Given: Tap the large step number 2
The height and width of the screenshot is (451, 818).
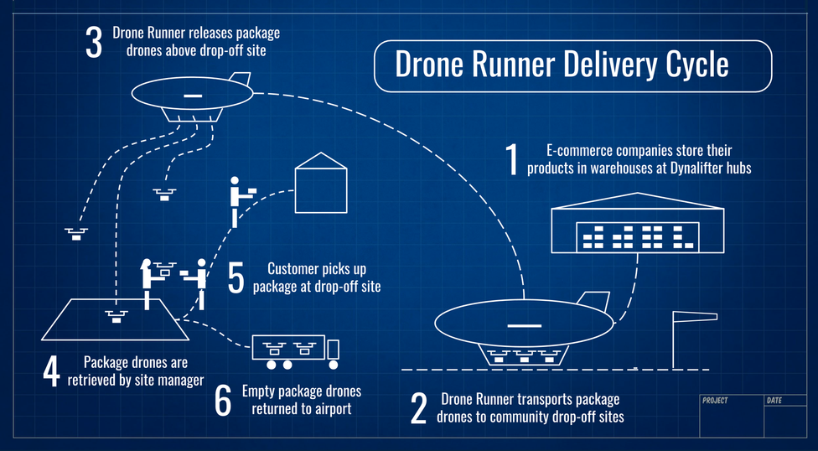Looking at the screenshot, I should coord(418,407).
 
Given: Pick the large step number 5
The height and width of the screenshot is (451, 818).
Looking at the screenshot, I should coord(236,278).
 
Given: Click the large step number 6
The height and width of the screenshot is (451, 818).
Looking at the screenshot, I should coord(222,401).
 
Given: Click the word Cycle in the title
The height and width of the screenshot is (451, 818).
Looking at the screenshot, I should coord(695,65).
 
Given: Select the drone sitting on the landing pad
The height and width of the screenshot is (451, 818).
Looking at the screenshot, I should coord(115,315).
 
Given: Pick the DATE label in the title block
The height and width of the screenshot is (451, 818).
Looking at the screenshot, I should coord(774,401).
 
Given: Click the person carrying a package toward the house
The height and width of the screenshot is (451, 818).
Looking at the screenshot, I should coord(238,200).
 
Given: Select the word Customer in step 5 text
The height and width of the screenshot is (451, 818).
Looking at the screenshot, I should coord(293,269).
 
